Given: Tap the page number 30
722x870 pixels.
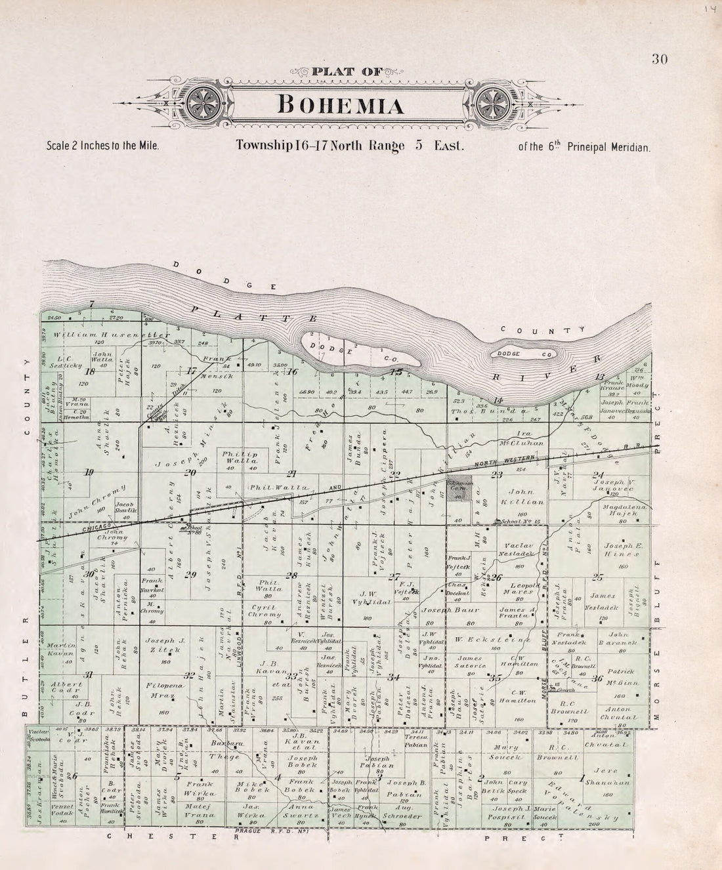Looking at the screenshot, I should pos(660,60).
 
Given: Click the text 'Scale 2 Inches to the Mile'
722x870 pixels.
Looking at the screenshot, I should pos(103,146).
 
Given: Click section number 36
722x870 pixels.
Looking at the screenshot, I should pos(597,679).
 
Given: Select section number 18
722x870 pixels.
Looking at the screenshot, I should pos(91,371).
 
